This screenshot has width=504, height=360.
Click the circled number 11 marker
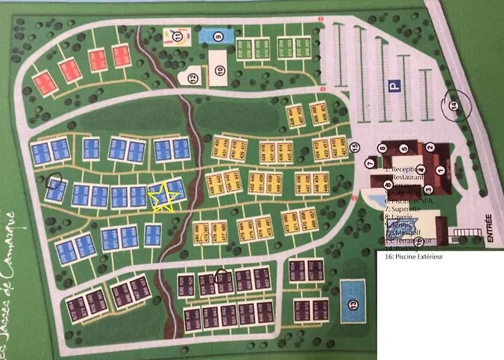[x=176, y=34]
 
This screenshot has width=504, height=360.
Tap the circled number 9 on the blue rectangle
[x=217, y=35]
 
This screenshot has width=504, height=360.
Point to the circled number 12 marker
[x=193, y=78]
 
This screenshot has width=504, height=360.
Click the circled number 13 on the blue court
[x=353, y=304]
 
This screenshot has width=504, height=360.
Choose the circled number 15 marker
[x=354, y=148]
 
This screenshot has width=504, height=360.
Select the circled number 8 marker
[x=382, y=149]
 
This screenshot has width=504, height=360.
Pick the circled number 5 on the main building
[x=405, y=149]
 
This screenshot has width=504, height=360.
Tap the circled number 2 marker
[x=429, y=148]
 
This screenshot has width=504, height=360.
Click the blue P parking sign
[x=394, y=85]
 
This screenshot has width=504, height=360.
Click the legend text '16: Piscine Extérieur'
[x=413, y=256]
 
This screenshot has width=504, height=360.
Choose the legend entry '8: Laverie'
[x=398, y=215]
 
